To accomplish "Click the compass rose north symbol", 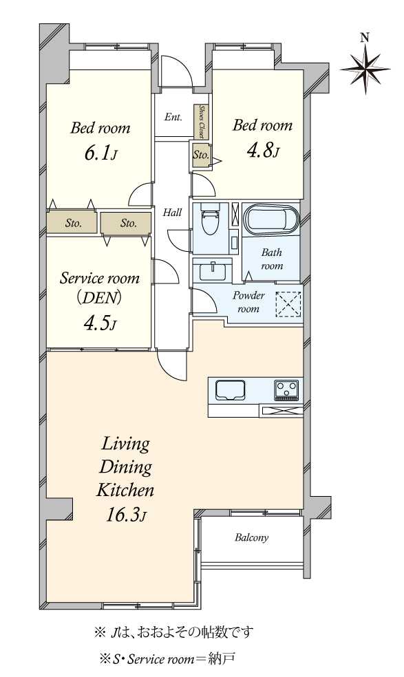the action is pos(365,69).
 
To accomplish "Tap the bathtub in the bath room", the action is pos(271,219).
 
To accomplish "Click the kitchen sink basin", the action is pos(231,390).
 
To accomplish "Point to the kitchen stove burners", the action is pos(286,390).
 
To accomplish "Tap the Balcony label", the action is pos(251,537).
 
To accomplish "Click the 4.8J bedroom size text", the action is pos(263,150).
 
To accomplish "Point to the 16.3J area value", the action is pos(126,515).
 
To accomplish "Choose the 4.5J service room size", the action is pos(99,323).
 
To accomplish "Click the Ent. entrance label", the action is pos(173,117).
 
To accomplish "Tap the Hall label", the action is pos(172,213).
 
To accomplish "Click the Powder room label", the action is pos(248,302).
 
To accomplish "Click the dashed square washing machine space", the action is pos(288,304).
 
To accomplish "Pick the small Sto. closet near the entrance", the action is pos(201,154).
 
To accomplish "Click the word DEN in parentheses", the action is pos(99,298).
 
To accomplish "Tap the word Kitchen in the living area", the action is pos(125,491).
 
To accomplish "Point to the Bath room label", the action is pos(271,259).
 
